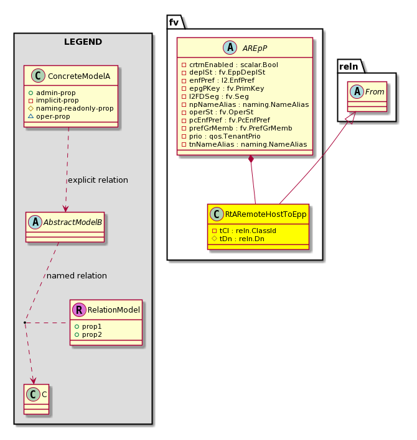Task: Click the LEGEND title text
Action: (83, 42)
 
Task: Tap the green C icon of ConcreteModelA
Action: (38, 76)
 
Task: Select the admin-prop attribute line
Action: (52, 93)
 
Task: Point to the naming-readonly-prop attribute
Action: (71, 108)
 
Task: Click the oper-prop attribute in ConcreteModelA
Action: (49, 116)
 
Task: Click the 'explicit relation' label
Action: (98, 180)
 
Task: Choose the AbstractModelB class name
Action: (72, 222)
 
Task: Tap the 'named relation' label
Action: (77, 276)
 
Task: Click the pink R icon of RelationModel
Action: (79, 309)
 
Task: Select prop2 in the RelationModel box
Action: (88, 334)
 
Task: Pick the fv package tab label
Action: (174, 22)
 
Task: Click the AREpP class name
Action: (255, 48)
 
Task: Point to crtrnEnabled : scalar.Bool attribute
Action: (230, 65)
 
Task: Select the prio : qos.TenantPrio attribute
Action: (221, 136)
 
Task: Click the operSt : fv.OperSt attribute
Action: (218, 112)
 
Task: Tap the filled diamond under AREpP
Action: (251, 159)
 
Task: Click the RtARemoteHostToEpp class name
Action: (266, 214)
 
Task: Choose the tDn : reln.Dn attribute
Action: (238, 239)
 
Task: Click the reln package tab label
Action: (349, 66)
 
